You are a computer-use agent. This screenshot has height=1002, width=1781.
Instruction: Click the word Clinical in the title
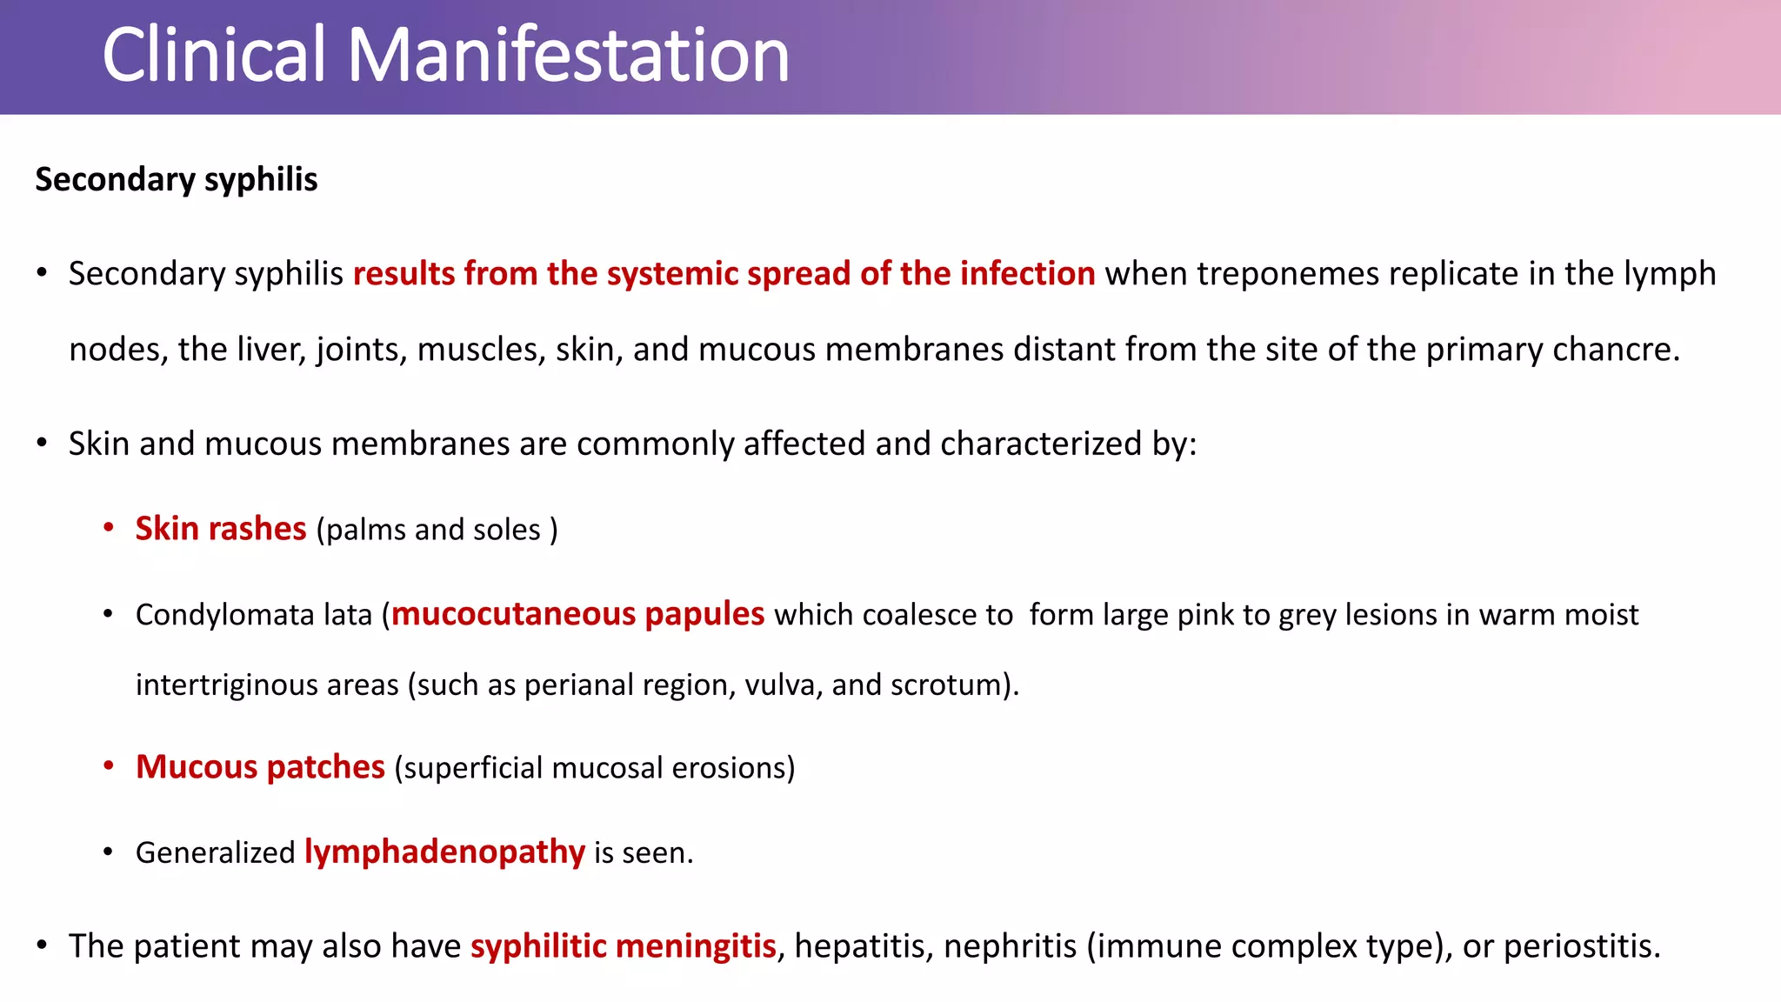214,55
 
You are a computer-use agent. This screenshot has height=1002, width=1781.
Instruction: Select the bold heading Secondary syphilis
177,180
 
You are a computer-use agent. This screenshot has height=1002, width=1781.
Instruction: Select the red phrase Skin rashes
221,529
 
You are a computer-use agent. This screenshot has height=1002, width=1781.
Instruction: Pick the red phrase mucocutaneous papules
577,614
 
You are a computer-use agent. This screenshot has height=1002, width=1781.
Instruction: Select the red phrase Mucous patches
260,767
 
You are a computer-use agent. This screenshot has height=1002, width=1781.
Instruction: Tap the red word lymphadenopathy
444,852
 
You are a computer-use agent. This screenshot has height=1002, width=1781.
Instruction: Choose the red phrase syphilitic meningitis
623,946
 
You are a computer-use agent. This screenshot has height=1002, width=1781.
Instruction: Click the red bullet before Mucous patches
109,766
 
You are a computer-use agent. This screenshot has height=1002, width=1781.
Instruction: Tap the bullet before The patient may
42,945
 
